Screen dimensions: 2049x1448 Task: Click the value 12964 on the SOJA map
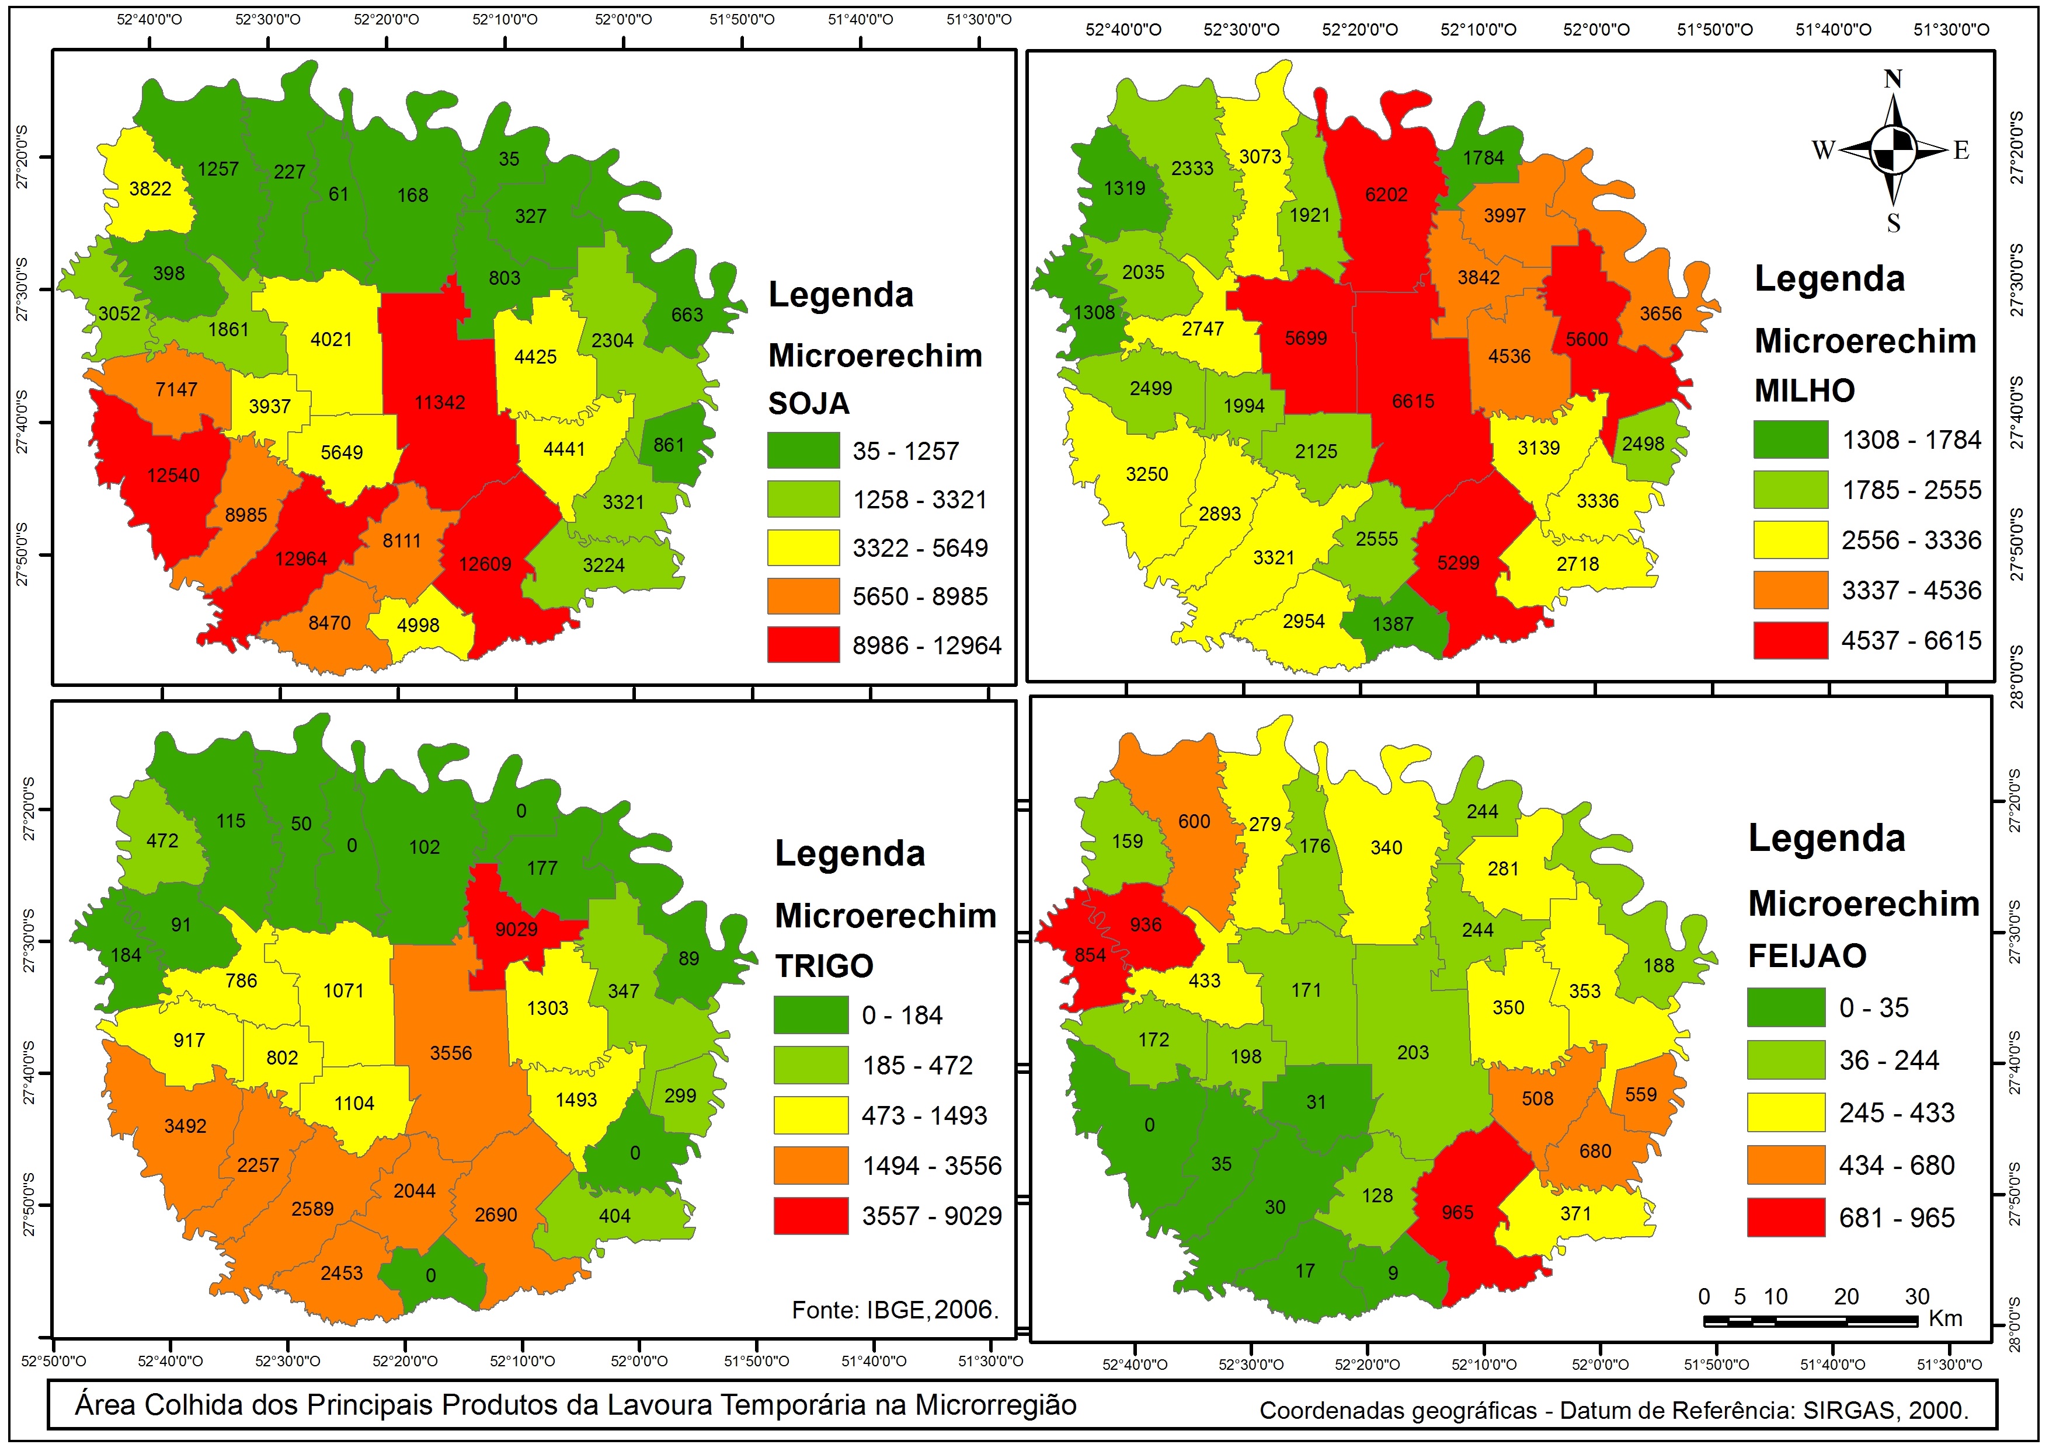(301, 559)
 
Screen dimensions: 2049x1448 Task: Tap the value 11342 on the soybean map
(440, 402)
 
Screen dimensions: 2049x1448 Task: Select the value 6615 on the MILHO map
(1414, 402)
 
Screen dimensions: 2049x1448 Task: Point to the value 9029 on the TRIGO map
(517, 930)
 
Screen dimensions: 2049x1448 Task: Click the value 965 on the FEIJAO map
(1457, 1212)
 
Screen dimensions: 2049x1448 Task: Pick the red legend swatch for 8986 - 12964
(803, 644)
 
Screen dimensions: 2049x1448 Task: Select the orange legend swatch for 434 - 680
(1786, 1165)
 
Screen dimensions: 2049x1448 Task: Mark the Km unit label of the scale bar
(1946, 1318)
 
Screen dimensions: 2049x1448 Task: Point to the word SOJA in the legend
(809, 403)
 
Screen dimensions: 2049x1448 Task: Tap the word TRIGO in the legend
(824, 965)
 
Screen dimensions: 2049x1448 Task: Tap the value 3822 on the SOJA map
(150, 189)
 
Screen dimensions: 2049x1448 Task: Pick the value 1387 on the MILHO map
(1393, 624)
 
